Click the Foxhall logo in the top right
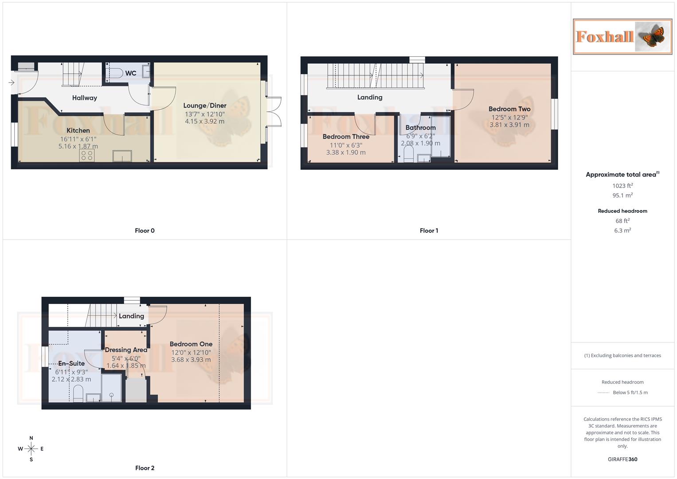coord(622,36)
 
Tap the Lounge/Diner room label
coord(205,106)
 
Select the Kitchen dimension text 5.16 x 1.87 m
coord(78,146)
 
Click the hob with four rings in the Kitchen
coord(87,155)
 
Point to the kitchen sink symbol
coord(122,156)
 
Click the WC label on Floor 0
coord(130,73)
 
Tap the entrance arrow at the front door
coord(12,82)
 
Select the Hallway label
coord(84,98)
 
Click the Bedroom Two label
coord(509,109)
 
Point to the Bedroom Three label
coord(346,137)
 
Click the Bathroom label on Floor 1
coord(420,128)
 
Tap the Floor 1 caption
coord(429,231)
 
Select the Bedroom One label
coord(191,344)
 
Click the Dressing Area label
coord(126,350)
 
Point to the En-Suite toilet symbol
coord(78,393)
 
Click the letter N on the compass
coord(31,438)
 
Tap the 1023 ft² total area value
coord(622,186)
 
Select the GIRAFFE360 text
coord(622,459)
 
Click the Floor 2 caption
coord(145,468)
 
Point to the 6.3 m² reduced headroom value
coord(622,231)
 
